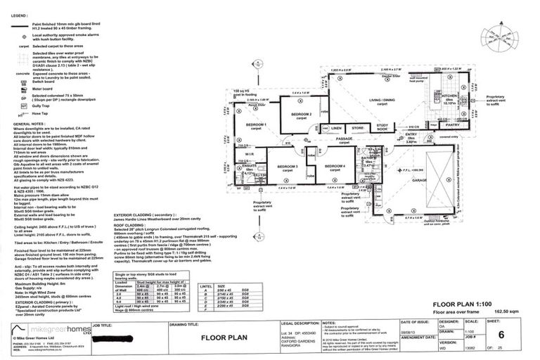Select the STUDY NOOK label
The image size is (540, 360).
pos(382,128)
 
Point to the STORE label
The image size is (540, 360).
pos(357,129)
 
